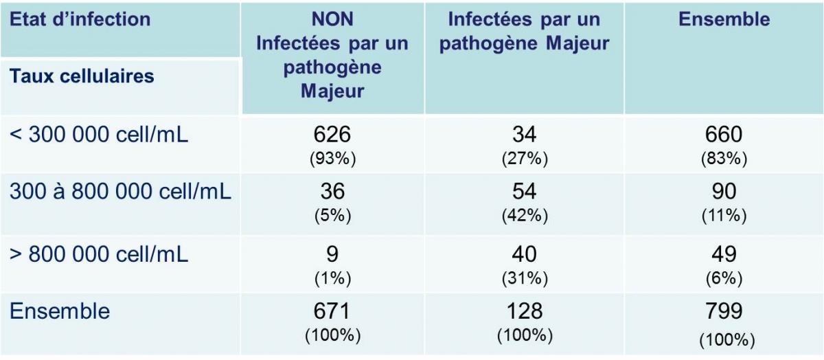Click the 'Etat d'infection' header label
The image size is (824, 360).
[80, 19]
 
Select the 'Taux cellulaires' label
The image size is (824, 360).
[82, 76]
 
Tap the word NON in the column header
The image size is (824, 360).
[332, 19]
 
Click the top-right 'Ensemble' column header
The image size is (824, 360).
[724, 19]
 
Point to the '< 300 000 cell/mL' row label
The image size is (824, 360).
[99, 134]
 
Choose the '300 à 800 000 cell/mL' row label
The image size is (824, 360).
[120, 192]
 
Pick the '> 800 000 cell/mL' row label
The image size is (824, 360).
[99, 254]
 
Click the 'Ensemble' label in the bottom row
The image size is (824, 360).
[60, 311]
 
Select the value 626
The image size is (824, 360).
[332, 134]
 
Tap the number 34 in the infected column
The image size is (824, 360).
[524, 134]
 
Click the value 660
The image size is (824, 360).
[724, 134]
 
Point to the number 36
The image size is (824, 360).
[332, 192]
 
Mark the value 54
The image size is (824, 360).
[524, 192]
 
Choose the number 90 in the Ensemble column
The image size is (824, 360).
[724, 192]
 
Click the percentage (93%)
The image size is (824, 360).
[332, 159]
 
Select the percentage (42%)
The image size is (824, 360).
[525, 215]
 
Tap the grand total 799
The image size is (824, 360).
[724, 311]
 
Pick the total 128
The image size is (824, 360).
[525, 311]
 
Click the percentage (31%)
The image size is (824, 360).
[525, 278]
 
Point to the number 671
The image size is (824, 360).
[332, 311]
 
